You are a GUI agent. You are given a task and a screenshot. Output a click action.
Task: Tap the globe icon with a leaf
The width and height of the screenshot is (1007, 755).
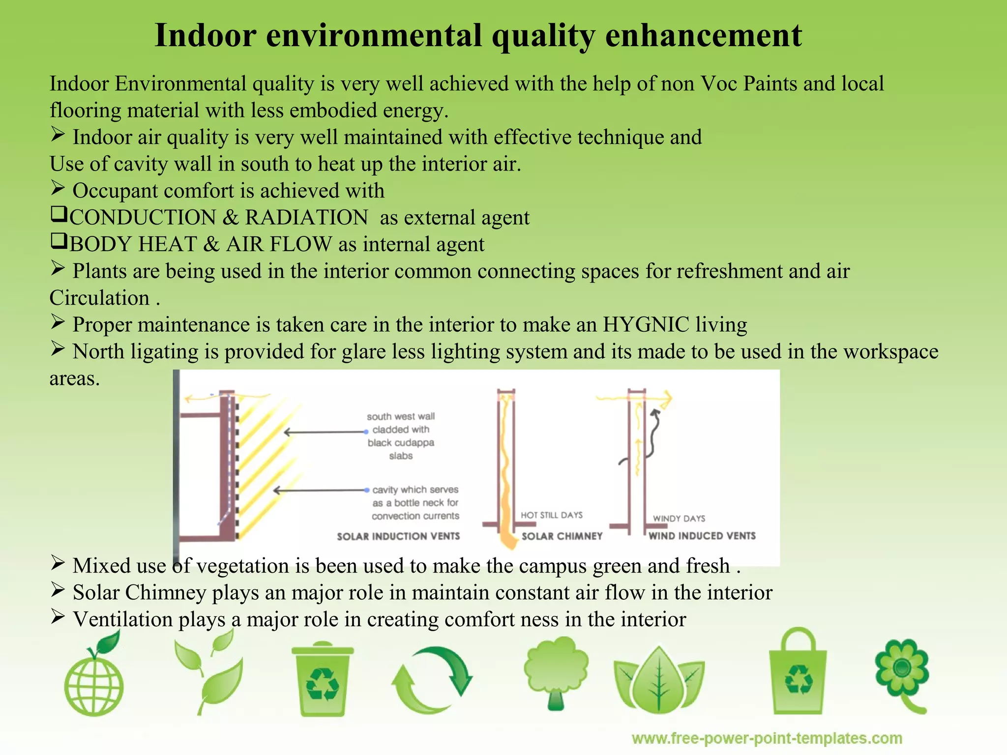click(93, 678)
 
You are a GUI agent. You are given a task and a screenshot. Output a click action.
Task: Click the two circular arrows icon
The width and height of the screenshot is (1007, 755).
click(432, 681)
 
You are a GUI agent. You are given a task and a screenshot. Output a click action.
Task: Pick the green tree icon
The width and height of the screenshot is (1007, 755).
click(556, 671)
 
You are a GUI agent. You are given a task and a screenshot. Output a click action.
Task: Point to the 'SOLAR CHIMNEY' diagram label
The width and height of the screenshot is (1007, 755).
click(562, 536)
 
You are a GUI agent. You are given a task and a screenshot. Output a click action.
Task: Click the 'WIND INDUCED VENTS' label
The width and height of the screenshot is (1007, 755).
click(702, 536)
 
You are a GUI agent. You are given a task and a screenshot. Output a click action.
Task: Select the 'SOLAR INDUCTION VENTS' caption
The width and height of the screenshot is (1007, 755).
click(398, 536)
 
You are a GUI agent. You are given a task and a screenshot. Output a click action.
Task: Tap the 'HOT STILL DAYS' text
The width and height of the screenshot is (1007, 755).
click(552, 515)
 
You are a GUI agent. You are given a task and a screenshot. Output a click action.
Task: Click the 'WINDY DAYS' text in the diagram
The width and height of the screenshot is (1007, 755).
click(679, 519)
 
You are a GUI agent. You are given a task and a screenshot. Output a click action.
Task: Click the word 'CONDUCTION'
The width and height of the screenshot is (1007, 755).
click(143, 218)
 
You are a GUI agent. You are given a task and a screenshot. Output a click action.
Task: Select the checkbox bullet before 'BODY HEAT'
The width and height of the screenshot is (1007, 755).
click(59, 241)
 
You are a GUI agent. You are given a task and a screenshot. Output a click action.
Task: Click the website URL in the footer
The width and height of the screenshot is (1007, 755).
click(767, 738)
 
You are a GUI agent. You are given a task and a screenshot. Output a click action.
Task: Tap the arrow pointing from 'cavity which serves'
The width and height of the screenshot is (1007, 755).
click(320, 490)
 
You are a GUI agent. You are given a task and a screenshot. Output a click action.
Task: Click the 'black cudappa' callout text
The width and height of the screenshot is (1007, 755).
click(401, 442)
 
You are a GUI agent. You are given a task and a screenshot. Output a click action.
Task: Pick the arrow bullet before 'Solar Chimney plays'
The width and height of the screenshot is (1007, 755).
click(58, 590)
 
